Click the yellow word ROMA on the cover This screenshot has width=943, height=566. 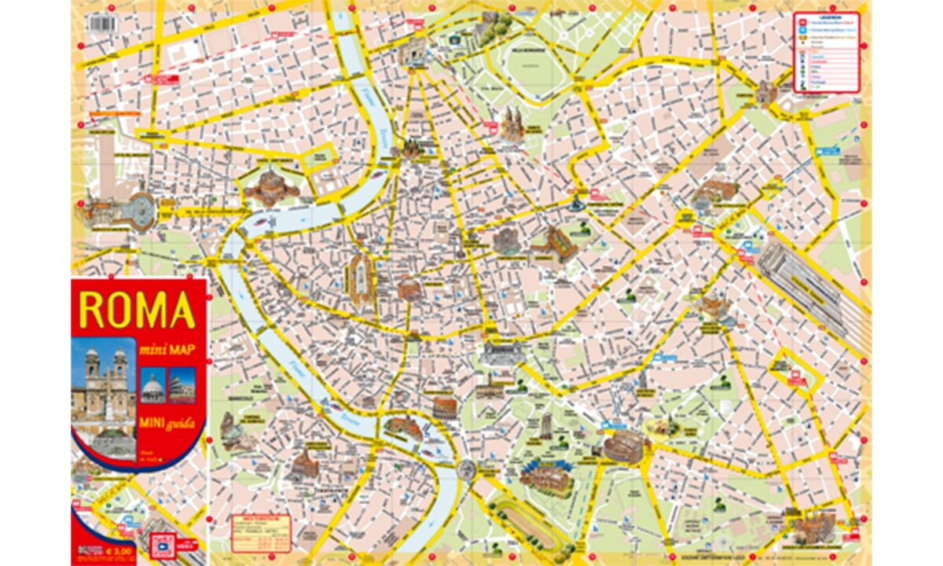pos(137,310)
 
